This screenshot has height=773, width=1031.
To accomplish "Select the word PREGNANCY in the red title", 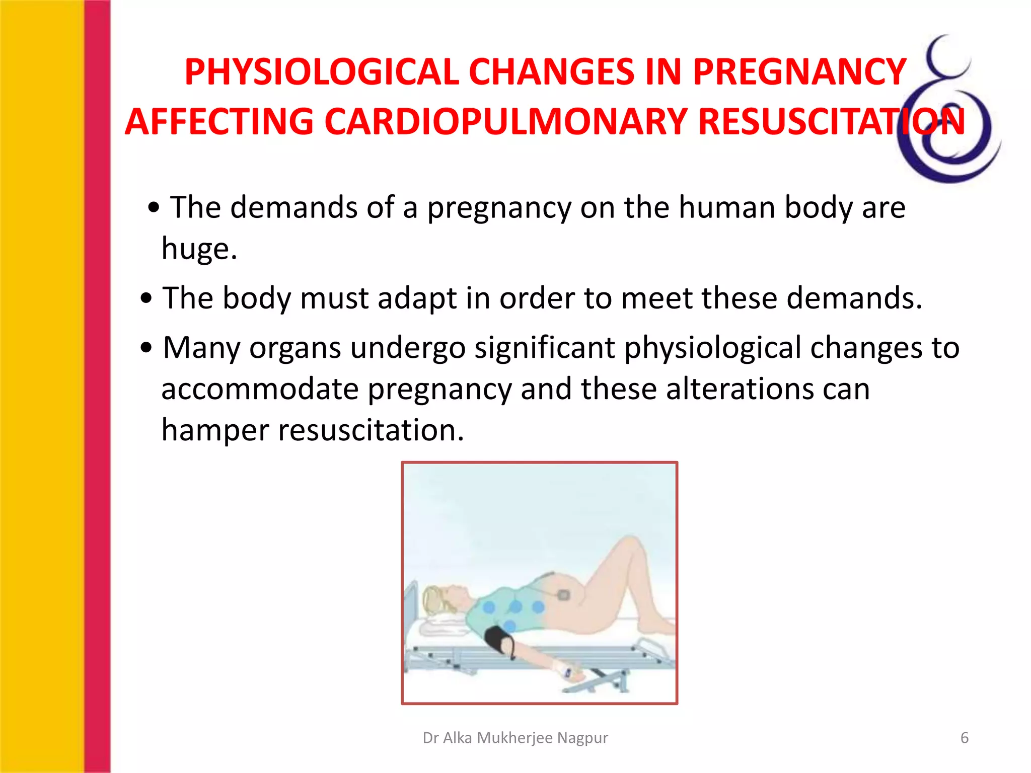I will click(x=799, y=72).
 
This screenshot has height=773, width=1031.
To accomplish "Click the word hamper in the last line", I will click(x=215, y=430).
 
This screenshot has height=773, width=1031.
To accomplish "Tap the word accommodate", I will click(x=260, y=389).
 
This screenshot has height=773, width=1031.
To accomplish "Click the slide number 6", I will click(x=964, y=738).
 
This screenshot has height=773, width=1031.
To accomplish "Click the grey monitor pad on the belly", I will click(x=563, y=595).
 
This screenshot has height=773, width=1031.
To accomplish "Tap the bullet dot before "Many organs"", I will click(x=146, y=348).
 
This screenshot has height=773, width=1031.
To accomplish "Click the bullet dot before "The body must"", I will click(x=146, y=298).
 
